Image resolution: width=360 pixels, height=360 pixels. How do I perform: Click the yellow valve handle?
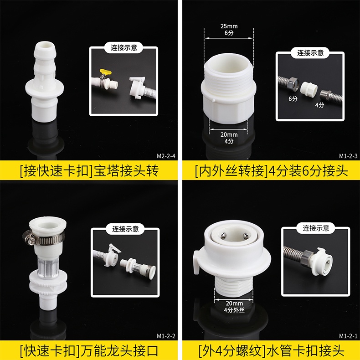[x=105, y=72]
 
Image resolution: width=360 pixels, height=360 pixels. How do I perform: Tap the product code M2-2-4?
[x=166, y=156]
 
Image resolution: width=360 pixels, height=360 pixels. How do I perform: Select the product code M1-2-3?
[x=348, y=156]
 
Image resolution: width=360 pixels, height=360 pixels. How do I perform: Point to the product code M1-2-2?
[x=166, y=336]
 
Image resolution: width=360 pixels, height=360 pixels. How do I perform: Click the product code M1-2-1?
[x=348, y=336]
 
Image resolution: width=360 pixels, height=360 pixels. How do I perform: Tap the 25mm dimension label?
[x=229, y=26]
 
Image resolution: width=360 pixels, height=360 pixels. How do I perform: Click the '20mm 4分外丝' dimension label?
[x=234, y=307]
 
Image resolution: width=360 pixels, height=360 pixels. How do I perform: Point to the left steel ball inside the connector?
[x=223, y=235]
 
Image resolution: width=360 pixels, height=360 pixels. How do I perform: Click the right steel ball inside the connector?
[x=246, y=235]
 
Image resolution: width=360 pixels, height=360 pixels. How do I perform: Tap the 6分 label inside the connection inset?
[x=293, y=99]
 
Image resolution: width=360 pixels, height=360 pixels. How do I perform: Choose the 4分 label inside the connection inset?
[x=319, y=105]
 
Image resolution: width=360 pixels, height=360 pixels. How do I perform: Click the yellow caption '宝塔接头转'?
[x=126, y=171]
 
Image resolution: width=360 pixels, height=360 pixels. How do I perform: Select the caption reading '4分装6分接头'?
[x=308, y=171]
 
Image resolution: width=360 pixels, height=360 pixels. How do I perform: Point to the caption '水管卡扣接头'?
[x=305, y=351]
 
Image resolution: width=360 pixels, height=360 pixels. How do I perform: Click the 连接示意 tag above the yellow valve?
[x=124, y=47]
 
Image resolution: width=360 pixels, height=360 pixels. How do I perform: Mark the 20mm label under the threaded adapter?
[x=229, y=134]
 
